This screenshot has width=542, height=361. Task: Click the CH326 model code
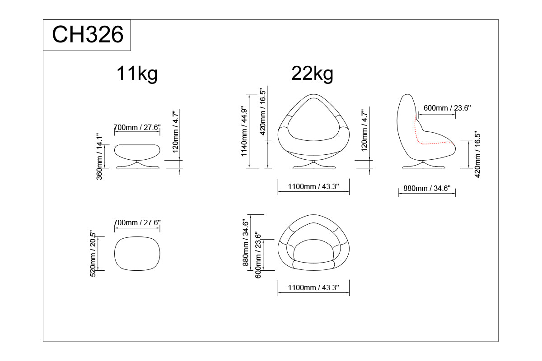pyautogui.click(x=88, y=35)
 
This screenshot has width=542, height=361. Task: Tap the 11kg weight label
pyautogui.click(x=137, y=74)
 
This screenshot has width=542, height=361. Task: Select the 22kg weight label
pyautogui.click(x=312, y=74)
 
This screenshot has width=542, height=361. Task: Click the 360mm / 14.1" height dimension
pyautogui.click(x=99, y=157)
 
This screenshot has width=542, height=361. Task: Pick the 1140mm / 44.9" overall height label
pyautogui.click(x=244, y=131)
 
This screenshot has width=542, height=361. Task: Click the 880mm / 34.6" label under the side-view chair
pyautogui.click(x=427, y=188)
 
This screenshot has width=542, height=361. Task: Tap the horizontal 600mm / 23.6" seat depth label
pyautogui.click(x=447, y=108)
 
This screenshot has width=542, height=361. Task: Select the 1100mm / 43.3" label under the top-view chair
pyautogui.click(x=313, y=287)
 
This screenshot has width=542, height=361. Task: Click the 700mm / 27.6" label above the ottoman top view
pyautogui.click(x=137, y=222)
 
